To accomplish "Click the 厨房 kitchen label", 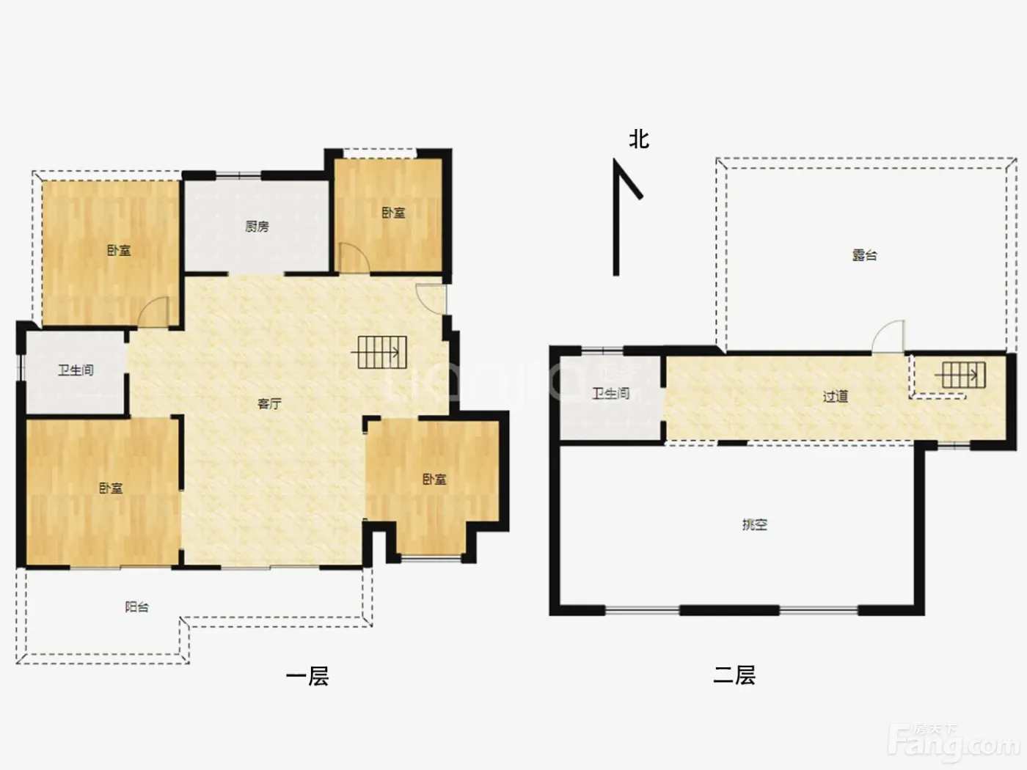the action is pyautogui.click(x=257, y=227).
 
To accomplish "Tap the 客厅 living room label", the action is pyautogui.click(x=269, y=403).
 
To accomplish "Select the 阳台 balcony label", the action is pyautogui.click(x=137, y=607).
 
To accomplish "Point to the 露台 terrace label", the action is pyautogui.click(x=864, y=255).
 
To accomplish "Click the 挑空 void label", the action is pyautogui.click(x=755, y=524).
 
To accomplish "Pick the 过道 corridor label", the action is pyautogui.click(x=836, y=397).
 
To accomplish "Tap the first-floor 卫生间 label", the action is pyautogui.click(x=76, y=370).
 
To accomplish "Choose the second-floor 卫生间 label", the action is pyautogui.click(x=610, y=394).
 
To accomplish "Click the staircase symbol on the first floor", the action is pyautogui.click(x=379, y=352).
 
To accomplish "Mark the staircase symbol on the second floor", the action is pyautogui.click(x=960, y=375).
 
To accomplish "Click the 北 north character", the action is pyautogui.click(x=639, y=139).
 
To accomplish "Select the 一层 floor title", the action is pyautogui.click(x=307, y=676).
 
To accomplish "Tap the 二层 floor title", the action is pyautogui.click(x=734, y=675).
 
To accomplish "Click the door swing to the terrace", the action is pyautogui.click(x=888, y=336).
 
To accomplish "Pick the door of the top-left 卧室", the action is pyautogui.click(x=153, y=312).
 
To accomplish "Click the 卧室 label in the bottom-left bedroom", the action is pyautogui.click(x=111, y=488).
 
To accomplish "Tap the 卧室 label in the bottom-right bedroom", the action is pyautogui.click(x=434, y=479).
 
